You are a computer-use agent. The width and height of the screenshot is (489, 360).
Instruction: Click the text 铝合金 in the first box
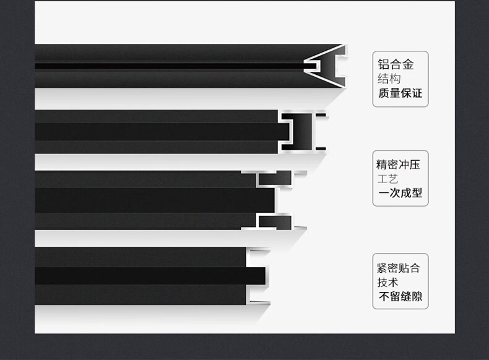(396, 64)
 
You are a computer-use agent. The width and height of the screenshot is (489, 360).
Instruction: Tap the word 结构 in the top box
(389, 79)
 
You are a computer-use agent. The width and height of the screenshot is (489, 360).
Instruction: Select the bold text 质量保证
(400, 94)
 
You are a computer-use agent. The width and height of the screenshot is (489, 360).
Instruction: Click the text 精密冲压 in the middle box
(398, 165)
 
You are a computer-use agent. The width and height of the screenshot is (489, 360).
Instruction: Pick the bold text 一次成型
(400, 193)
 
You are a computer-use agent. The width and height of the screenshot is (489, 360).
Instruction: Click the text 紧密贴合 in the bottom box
(398, 268)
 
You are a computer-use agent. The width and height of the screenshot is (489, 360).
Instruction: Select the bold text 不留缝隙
(400, 298)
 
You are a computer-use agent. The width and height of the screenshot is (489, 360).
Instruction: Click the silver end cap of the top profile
(325, 66)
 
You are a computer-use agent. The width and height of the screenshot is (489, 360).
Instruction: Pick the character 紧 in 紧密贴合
(382, 268)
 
